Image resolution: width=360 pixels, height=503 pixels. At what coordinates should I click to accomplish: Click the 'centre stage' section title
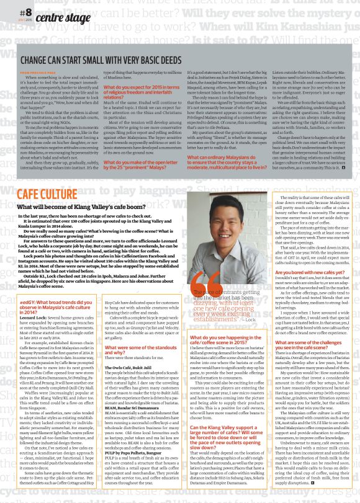60,17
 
